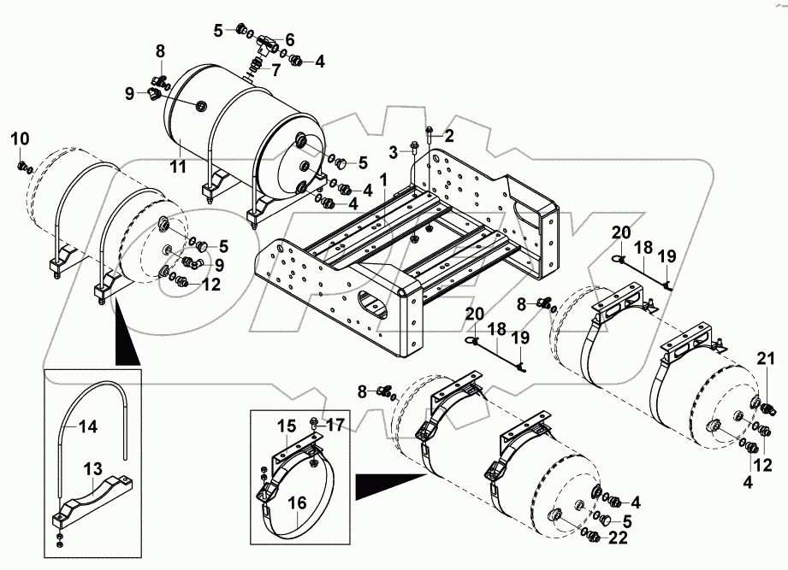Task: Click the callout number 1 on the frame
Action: tap(383, 179)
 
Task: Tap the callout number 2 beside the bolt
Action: tap(448, 136)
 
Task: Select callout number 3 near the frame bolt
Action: tap(394, 151)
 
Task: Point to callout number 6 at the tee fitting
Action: tap(289, 39)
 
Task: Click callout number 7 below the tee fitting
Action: tap(276, 70)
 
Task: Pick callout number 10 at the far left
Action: tap(20, 138)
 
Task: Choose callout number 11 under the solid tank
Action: tap(177, 166)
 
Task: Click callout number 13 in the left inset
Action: tap(92, 470)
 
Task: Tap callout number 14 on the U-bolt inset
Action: tap(87, 427)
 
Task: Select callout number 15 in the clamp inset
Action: tap(287, 426)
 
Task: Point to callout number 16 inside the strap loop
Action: tap(297, 503)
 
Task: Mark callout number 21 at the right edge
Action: tap(767, 359)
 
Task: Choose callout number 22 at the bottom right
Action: tap(618, 538)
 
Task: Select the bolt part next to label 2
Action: tap(429, 132)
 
